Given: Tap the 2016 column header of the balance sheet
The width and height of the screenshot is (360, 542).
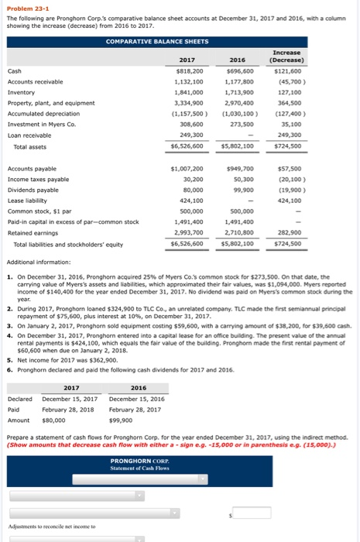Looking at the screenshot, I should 238,60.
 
